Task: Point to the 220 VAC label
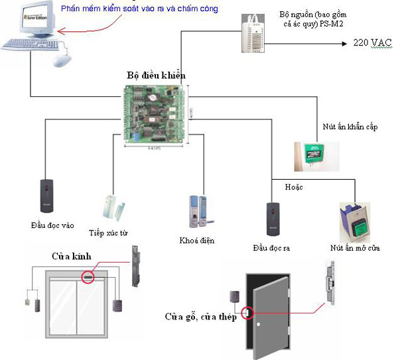click(x=372, y=42)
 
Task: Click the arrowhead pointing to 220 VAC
click(x=345, y=42)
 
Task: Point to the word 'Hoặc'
click(x=293, y=188)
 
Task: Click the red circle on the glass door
click(x=88, y=276)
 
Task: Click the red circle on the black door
click(x=247, y=312)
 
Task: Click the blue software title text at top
click(x=139, y=9)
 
